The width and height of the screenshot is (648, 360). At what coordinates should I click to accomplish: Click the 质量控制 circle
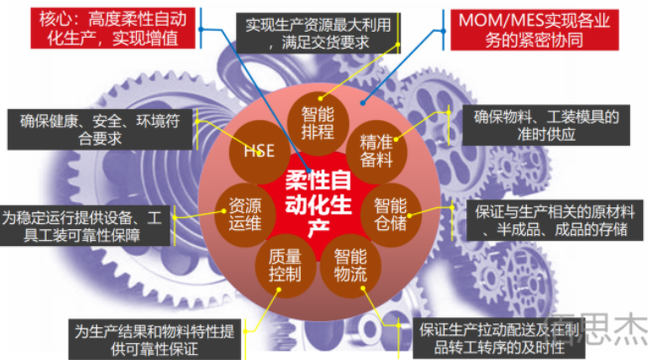tap(283, 264)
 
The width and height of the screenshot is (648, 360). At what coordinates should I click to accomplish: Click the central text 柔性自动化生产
tap(318, 196)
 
